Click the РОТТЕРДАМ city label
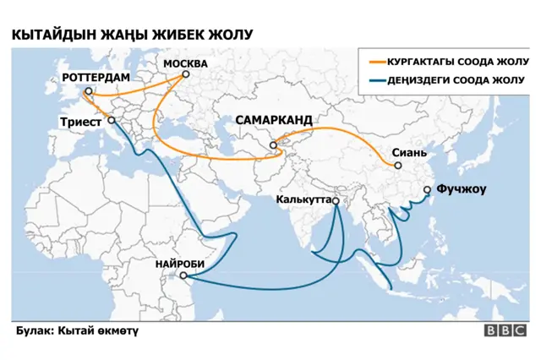click(x=96, y=77)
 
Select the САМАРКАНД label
click(x=273, y=121)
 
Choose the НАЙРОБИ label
click(x=180, y=264)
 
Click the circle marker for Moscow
click(x=185, y=74)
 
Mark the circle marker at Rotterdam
click(x=88, y=90)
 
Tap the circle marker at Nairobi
click(x=181, y=275)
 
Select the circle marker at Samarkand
click(x=273, y=145)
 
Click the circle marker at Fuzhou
click(x=428, y=190)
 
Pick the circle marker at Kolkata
click(x=336, y=201)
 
